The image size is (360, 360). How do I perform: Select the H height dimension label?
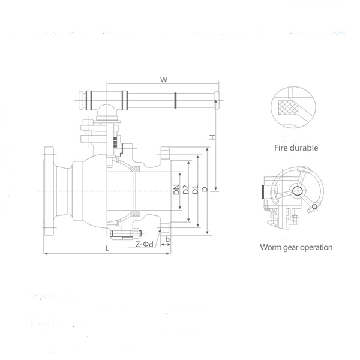pyautogui.click(x=212, y=138)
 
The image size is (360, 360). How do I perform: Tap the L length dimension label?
pyautogui.click(x=107, y=248)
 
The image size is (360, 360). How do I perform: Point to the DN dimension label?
pyautogui.click(x=176, y=190)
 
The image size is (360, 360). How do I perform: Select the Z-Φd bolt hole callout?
pyautogui.click(x=145, y=244)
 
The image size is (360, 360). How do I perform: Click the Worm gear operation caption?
pyautogui.click(x=296, y=247)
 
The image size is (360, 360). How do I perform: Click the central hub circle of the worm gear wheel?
pyautogui.click(x=296, y=190)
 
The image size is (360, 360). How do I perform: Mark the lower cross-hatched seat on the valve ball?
pyautogui.click(x=136, y=214)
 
